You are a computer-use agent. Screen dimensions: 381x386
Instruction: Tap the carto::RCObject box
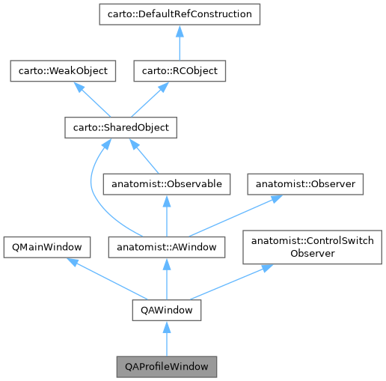[x=180, y=71]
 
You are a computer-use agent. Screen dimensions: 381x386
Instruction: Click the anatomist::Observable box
[x=165, y=183]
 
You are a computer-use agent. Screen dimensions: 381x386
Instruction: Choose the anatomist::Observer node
[x=306, y=183]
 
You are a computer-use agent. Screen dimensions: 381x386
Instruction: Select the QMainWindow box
[x=47, y=246]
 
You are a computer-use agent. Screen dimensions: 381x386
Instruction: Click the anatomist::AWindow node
[x=166, y=246]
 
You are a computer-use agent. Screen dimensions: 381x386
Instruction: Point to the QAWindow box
[x=166, y=308]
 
